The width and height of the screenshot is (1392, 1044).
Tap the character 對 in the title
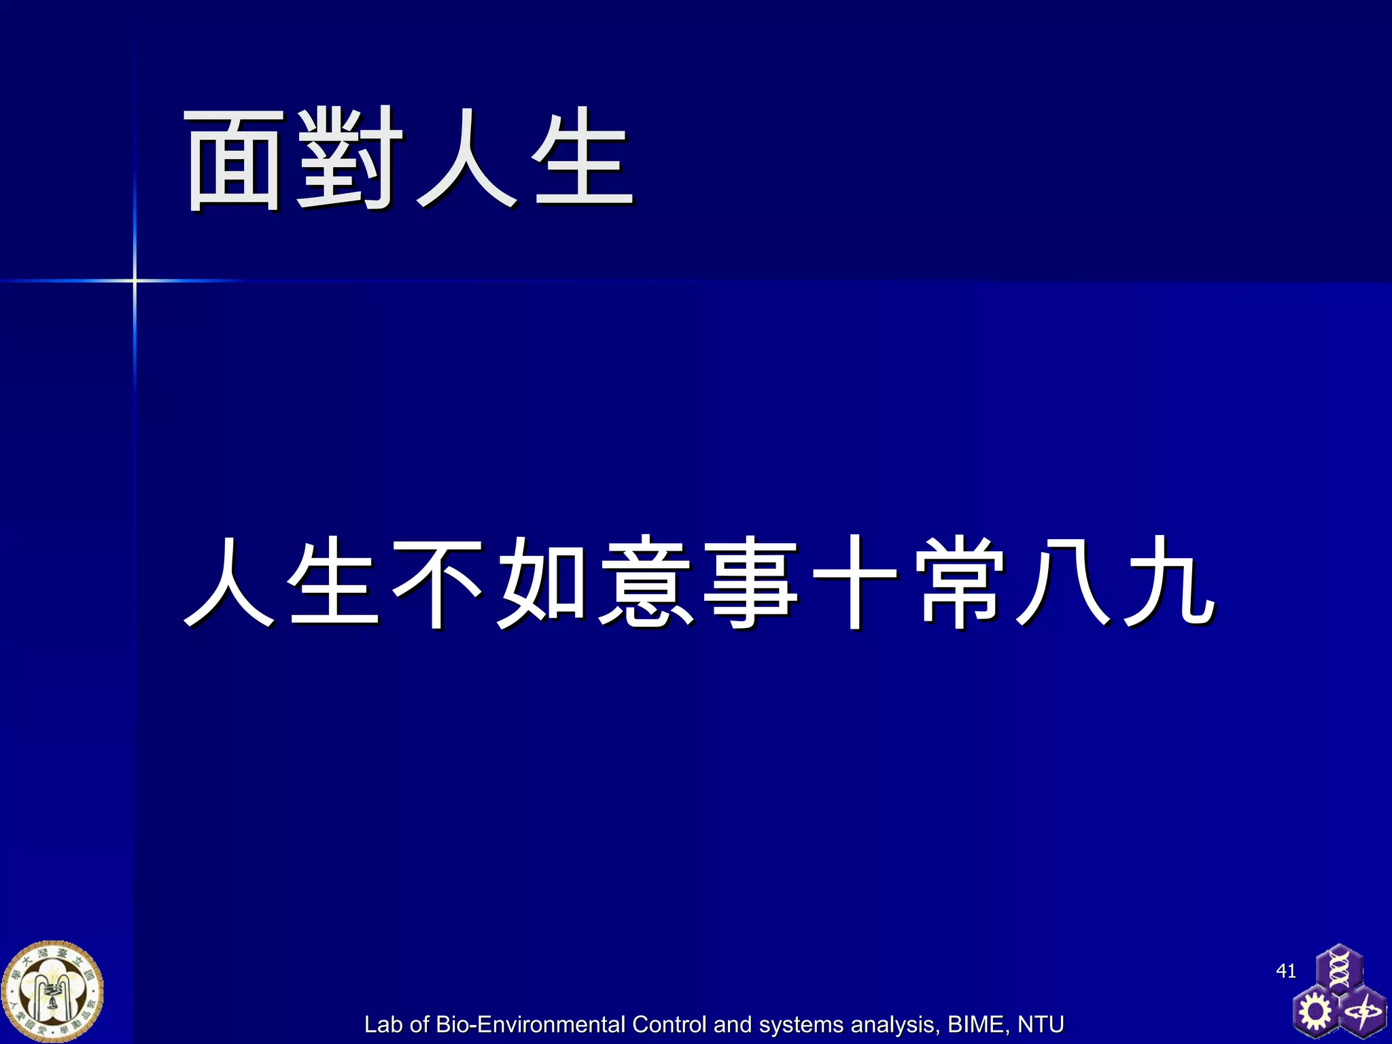[348, 159]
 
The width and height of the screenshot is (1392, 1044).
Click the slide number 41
[1286, 971]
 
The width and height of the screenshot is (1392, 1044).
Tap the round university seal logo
[52, 992]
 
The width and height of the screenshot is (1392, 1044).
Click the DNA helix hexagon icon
[1338, 969]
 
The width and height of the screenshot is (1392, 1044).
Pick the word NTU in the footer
[1041, 1024]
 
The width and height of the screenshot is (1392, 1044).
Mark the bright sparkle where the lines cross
[135, 280]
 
